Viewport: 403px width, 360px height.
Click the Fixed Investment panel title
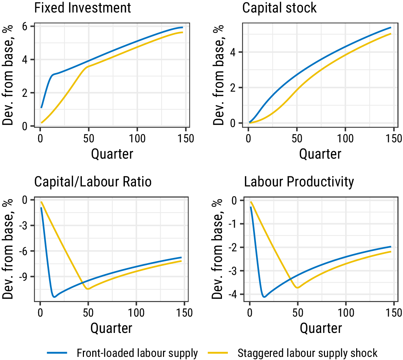[83, 8]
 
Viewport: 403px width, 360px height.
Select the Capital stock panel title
[279, 8]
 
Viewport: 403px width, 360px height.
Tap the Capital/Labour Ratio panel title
[93, 182]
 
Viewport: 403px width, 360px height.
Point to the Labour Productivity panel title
[299, 182]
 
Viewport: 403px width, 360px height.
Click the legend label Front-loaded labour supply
[137, 353]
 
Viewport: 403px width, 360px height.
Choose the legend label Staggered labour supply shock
[307, 353]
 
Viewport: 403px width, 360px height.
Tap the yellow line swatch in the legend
[218, 353]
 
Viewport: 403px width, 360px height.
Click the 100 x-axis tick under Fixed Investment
[137, 139]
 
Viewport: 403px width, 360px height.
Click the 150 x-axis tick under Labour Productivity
[394, 313]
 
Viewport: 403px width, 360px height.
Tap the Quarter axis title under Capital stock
[320, 154]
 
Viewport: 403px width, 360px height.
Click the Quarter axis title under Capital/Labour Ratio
[111, 328]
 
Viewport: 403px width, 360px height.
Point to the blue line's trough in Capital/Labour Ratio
[54, 297]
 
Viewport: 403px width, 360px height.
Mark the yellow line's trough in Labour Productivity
[297, 288]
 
